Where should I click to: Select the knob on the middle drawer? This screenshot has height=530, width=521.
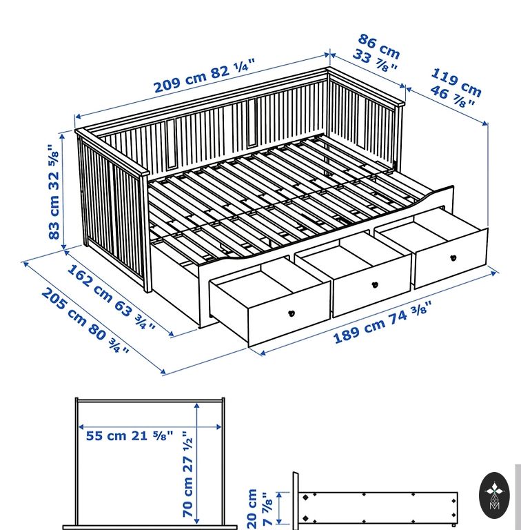[x=375, y=284]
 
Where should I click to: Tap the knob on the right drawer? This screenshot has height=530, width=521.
[x=453, y=258]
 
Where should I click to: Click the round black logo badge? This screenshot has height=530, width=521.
[x=494, y=495]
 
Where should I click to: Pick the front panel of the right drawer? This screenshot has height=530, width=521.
[x=451, y=258]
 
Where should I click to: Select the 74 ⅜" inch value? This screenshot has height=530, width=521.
[x=410, y=313]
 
